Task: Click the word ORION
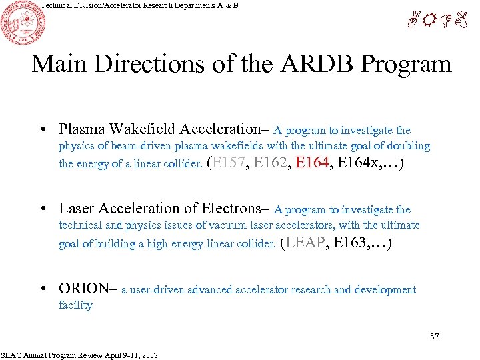(83, 289)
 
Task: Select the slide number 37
(434, 336)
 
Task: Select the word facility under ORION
(75, 305)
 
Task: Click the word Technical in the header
(59, 5)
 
